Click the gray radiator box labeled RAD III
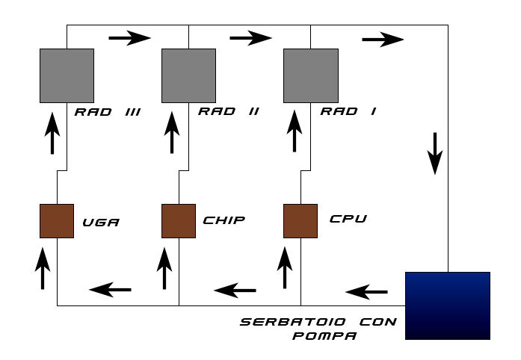(x=67, y=75)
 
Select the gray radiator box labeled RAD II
(x=188, y=75)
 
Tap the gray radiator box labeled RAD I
(x=311, y=75)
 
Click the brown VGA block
(x=57, y=221)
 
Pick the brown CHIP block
(x=179, y=221)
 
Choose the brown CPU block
(x=300, y=221)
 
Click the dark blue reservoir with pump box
(x=448, y=306)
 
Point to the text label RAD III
(x=108, y=112)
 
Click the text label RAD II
(x=229, y=111)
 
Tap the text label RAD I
(x=348, y=111)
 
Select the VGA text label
(x=101, y=223)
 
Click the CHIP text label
(x=224, y=220)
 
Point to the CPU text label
(x=348, y=219)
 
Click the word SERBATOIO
(x=293, y=322)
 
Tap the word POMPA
(x=324, y=336)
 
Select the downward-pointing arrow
(x=435, y=153)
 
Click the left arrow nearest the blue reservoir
(x=366, y=292)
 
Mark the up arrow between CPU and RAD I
(x=295, y=131)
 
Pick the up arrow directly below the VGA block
(x=43, y=268)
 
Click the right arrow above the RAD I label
(x=383, y=40)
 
